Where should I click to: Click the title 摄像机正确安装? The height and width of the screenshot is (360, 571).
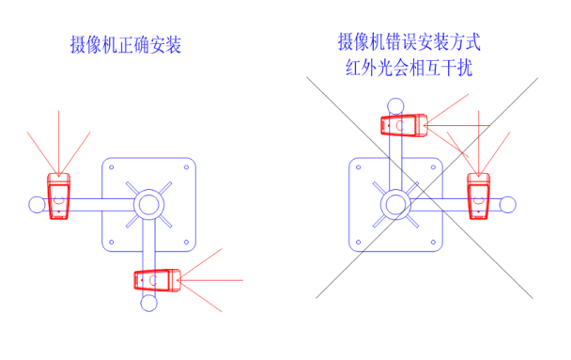click(126, 45)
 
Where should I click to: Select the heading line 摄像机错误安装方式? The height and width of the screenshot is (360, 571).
click(409, 42)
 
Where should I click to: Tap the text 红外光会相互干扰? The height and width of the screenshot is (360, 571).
click(409, 68)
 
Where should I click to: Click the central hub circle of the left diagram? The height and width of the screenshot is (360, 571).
click(149, 204)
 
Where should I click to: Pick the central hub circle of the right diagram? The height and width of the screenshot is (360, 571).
click(395, 204)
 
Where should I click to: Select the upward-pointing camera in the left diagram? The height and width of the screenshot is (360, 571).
click(58, 196)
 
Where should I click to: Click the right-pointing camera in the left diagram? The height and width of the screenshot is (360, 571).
click(158, 280)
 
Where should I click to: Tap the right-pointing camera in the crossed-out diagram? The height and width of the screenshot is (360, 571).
click(404, 125)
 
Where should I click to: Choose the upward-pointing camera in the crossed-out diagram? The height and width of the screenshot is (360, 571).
click(479, 196)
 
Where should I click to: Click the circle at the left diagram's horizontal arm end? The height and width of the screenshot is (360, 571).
click(37, 205)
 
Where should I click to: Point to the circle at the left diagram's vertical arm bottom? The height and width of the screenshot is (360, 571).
click(149, 304)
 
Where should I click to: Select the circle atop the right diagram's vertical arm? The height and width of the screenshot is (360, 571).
click(395, 106)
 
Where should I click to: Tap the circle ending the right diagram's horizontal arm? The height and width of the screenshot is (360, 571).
click(508, 205)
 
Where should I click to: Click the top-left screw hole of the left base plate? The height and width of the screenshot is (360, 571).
click(112, 167)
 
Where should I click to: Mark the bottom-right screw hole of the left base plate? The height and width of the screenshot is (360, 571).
click(186, 242)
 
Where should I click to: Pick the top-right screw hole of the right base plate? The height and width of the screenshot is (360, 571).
click(433, 167)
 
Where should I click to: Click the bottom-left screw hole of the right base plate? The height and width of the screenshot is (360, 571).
click(359, 242)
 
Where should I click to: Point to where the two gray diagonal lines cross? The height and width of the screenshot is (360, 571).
click(424, 190)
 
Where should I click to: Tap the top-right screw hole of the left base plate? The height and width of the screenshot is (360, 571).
click(186, 167)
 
